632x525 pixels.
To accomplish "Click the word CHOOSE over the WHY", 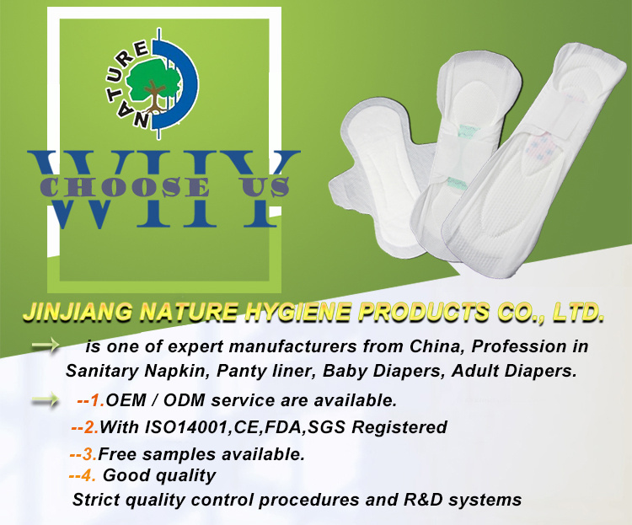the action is [x=125, y=187].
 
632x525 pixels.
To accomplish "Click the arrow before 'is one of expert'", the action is [x=46, y=346].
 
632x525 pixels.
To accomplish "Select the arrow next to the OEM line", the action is [x=46, y=400].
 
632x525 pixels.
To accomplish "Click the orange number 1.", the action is [x=96, y=400].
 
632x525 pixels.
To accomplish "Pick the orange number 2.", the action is [x=90, y=427].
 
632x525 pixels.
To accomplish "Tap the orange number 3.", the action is [x=88, y=454].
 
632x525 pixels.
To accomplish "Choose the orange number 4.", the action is [x=88, y=475].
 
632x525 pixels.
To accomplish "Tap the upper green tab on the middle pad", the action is [x=469, y=131].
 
